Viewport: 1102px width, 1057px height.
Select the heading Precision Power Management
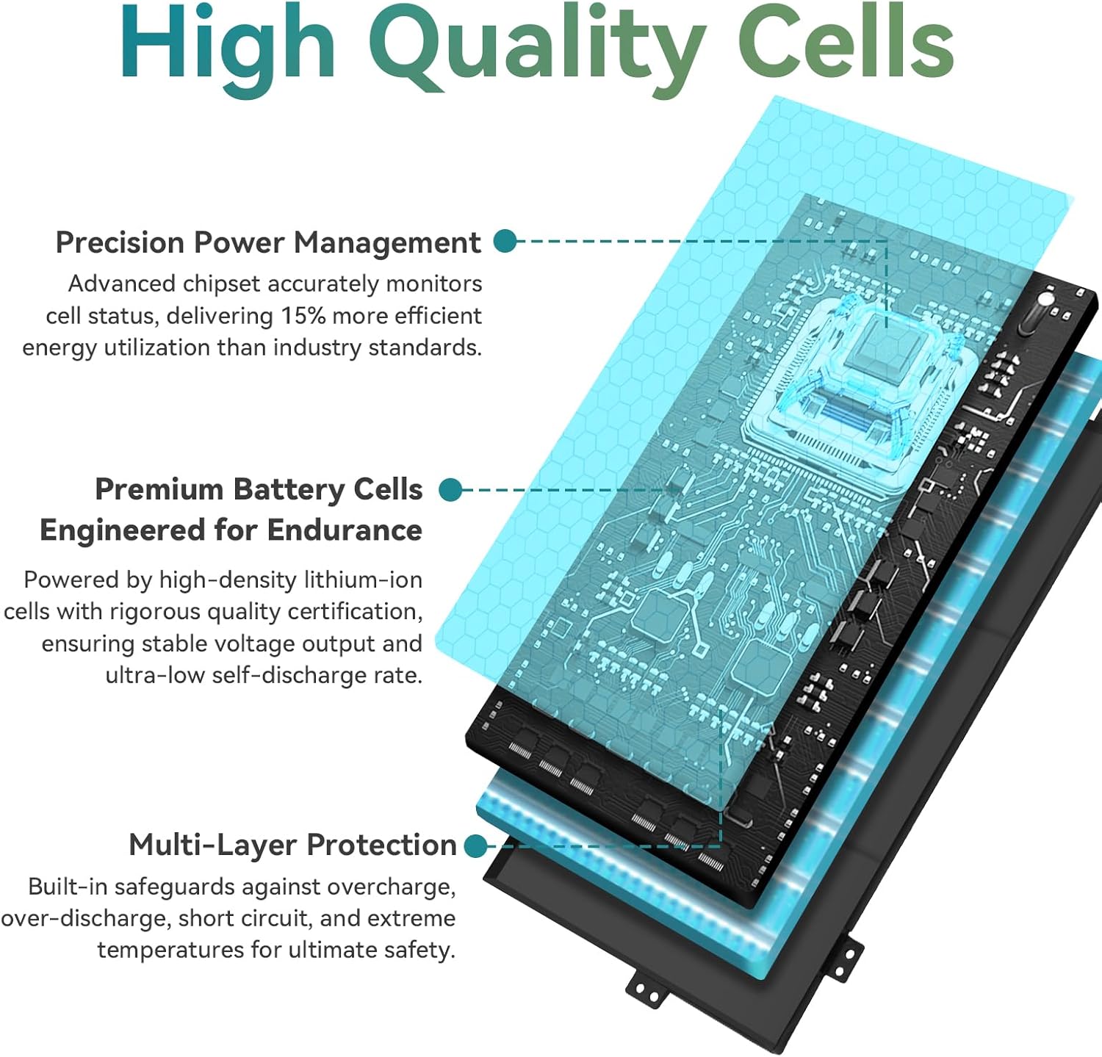268,243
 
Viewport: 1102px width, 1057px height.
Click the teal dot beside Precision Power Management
505,241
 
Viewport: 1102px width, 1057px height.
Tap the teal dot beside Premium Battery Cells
450,490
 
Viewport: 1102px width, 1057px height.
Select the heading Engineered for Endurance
231,530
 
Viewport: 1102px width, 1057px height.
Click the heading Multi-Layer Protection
292,845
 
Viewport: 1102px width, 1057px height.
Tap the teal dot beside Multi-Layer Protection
476,845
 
